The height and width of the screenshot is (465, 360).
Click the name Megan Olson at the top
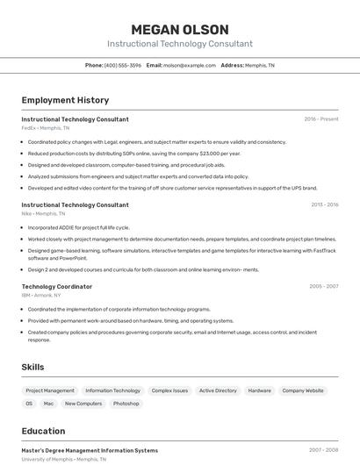(x=179, y=30)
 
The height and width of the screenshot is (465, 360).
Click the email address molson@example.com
(x=189, y=65)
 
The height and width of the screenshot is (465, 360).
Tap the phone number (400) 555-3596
(x=122, y=65)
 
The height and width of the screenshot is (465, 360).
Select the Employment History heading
(x=65, y=100)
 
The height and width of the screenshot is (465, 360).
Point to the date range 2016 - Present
(x=321, y=119)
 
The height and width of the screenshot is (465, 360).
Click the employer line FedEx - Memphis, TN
(x=45, y=128)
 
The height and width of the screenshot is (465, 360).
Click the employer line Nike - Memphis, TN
(x=43, y=213)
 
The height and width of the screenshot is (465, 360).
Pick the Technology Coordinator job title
(x=56, y=286)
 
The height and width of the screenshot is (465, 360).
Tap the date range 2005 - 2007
(x=323, y=286)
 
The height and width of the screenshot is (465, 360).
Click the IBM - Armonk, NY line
(x=41, y=295)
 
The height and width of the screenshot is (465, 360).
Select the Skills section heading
(x=33, y=367)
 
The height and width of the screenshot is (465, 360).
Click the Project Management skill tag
(x=50, y=390)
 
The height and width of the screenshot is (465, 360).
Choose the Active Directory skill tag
(x=218, y=390)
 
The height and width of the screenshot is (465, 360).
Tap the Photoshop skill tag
(x=126, y=404)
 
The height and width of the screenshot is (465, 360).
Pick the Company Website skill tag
(x=303, y=390)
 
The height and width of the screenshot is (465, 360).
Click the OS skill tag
(x=29, y=404)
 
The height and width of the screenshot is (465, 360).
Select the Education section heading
(x=43, y=431)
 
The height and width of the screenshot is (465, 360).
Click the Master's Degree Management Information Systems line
(x=90, y=450)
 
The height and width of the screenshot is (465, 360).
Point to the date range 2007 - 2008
(x=323, y=450)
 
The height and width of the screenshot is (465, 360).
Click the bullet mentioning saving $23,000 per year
(x=133, y=153)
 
